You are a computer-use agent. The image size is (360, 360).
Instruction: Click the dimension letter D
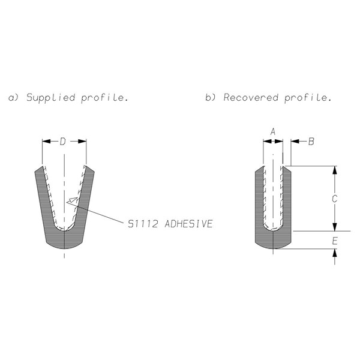[62, 142]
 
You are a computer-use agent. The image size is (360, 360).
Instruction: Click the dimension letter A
[273, 132]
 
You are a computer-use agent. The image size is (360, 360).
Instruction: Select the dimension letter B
[311, 142]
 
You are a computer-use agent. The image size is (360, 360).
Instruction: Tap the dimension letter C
[335, 199]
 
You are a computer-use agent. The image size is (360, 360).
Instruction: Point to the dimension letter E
[335, 241]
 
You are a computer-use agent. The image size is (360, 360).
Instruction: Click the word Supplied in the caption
[51, 98]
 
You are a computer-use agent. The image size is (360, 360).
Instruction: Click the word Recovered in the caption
[251, 97]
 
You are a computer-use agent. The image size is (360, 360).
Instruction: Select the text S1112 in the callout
[143, 224]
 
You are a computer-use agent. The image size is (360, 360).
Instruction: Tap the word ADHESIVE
[189, 224]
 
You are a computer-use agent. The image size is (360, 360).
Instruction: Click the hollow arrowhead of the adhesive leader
[72, 200]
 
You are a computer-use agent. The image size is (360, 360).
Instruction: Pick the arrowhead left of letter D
[46, 141]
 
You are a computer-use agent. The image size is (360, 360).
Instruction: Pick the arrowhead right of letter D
[82, 141]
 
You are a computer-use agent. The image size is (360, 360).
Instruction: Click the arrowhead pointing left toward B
[295, 141]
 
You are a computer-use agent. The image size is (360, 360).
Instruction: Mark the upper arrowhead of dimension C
[335, 170]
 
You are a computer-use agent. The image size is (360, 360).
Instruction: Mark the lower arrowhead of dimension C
[335, 227]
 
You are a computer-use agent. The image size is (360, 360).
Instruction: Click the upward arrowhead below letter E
[335, 253]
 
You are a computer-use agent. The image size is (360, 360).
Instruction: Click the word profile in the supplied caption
[104, 98]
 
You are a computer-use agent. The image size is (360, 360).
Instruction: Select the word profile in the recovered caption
[308, 98]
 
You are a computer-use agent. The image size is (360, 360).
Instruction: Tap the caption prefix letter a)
[14, 98]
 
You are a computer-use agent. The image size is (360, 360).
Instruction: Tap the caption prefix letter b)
[211, 97]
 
